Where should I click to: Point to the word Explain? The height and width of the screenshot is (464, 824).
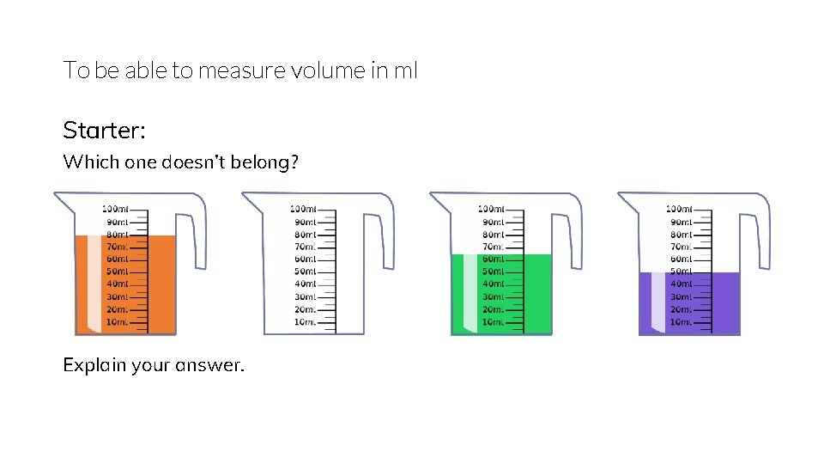94,365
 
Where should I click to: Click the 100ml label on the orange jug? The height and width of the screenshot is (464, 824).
115,209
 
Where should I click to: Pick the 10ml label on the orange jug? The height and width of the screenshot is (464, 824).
118,322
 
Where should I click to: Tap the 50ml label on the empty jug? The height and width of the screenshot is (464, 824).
305,272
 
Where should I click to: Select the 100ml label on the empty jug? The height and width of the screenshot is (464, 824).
303,209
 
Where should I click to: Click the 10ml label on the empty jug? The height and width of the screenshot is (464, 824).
305,322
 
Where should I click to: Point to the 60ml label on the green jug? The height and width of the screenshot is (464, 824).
493,259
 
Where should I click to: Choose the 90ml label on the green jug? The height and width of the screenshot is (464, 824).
493,222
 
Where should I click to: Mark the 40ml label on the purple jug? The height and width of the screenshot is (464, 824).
681,284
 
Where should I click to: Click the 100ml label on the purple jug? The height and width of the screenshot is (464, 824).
679,209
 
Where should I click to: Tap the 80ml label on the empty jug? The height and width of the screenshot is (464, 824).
305,234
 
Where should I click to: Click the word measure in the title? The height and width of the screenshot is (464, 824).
237,70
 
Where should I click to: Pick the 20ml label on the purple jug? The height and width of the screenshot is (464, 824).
681,309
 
